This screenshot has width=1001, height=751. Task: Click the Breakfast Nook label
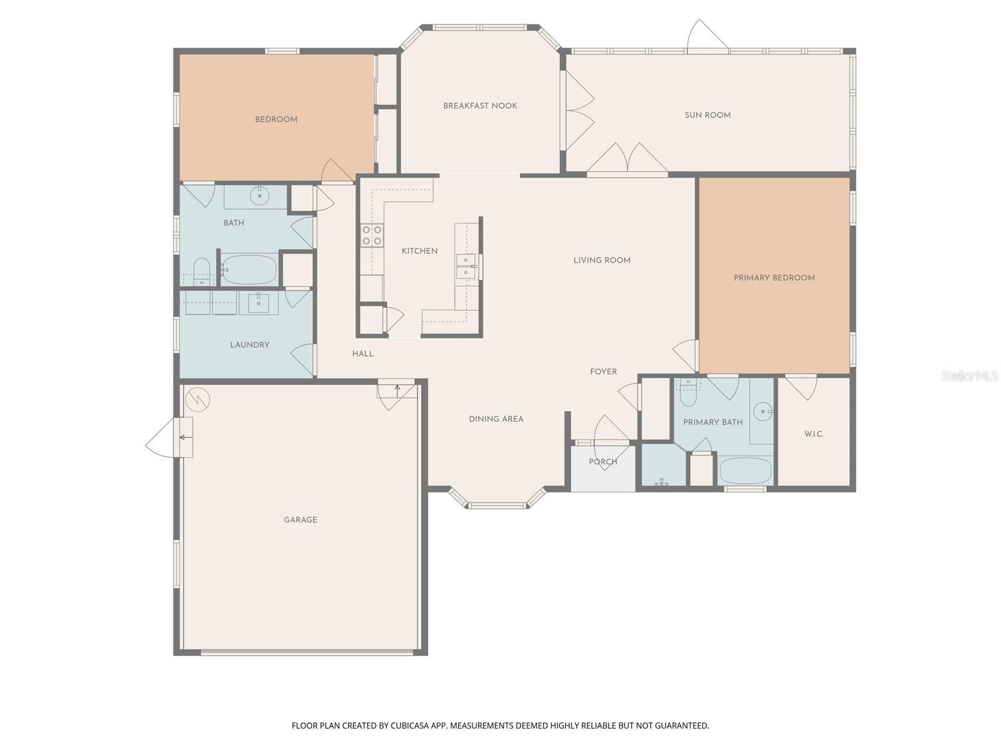pos(480,106)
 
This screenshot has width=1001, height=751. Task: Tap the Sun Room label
pos(707,115)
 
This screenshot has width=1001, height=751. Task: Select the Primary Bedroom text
pos(774,278)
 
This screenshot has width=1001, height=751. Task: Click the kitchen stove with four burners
pos(372,235)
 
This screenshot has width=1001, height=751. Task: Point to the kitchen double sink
pos(465,267)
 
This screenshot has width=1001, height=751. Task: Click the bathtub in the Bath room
pos(250,270)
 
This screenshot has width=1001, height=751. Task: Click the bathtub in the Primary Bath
pos(746,471)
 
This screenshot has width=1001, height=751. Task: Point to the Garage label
pos(300,520)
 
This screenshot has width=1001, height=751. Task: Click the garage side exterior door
pos(169,437)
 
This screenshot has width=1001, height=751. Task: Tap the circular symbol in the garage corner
pos(198,399)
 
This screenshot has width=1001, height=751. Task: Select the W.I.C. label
pos(813,434)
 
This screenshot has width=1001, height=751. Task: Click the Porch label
pos(602,462)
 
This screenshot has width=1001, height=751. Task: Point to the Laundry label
pos(250,345)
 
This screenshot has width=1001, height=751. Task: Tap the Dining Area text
pos(496,419)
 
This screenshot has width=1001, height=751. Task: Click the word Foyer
pos(603,372)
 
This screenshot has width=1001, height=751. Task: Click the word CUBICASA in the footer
pos(409,726)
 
